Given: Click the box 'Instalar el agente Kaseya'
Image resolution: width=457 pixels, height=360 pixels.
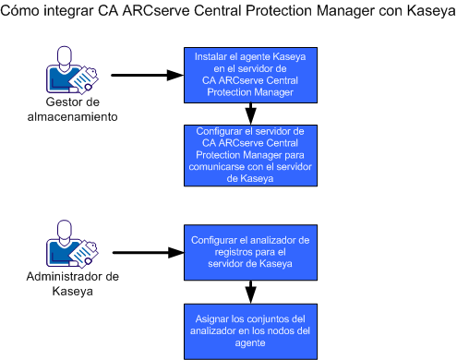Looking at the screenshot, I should (x=249, y=75).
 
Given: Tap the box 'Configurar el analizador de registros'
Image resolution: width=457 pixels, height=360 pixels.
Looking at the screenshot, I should (x=249, y=252).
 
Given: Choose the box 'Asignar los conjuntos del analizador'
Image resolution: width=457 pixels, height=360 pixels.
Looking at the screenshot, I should (x=249, y=330).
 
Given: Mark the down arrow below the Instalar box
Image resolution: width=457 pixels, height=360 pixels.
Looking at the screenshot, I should (x=249, y=114).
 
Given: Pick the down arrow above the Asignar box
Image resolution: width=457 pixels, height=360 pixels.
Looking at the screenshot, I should (x=249, y=292).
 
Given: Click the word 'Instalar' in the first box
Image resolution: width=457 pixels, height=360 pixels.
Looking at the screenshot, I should (x=213, y=56).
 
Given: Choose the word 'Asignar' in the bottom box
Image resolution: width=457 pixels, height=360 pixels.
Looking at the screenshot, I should (x=214, y=318).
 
